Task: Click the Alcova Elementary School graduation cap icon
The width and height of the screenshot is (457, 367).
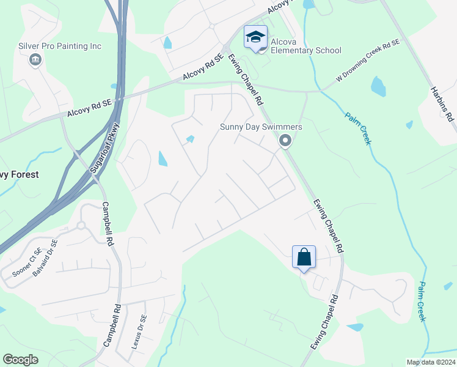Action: click(x=255, y=37)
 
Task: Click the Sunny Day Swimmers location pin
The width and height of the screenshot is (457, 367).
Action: click(x=285, y=141)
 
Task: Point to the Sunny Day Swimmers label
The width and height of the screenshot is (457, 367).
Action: click(x=261, y=127)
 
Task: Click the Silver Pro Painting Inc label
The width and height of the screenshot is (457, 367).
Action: click(x=60, y=46)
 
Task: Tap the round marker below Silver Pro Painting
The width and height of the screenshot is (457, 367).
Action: click(x=35, y=59)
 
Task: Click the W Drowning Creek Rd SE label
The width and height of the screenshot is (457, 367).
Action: click(x=368, y=61)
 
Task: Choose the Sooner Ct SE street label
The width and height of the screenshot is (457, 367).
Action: click(x=21, y=261)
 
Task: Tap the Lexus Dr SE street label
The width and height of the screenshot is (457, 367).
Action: click(x=139, y=331)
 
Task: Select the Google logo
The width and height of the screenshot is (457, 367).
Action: click(x=21, y=359)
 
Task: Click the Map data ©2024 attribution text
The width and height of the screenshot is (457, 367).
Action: click(x=430, y=362)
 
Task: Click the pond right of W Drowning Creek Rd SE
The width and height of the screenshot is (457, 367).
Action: click(x=378, y=87)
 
